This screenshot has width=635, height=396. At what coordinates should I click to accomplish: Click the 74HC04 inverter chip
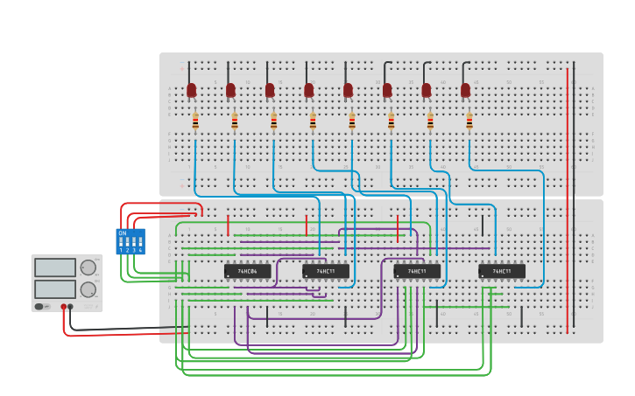[247, 271]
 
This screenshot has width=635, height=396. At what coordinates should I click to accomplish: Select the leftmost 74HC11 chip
[326, 271]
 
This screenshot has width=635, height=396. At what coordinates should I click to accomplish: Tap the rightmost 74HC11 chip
[502, 271]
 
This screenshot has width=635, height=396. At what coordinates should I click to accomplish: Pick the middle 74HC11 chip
[417, 271]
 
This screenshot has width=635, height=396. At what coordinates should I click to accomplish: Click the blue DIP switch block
[131, 241]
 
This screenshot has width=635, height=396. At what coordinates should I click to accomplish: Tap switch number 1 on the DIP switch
[122, 242]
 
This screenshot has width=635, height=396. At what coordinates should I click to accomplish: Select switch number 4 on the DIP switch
[140, 242]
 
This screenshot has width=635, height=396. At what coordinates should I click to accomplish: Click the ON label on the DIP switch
[123, 233]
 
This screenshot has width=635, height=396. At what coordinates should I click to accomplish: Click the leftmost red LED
[192, 90]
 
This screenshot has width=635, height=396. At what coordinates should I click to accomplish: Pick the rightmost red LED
[465, 90]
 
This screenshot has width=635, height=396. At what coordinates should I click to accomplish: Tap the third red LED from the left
[270, 90]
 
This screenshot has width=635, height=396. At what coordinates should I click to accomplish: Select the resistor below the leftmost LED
[195, 122]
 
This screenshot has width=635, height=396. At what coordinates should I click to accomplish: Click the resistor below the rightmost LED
[469, 122]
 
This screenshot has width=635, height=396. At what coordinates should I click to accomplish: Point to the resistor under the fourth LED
[313, 122]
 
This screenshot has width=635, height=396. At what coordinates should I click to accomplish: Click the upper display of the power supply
[54, 267]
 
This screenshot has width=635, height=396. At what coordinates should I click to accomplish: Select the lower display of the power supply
[54, 289]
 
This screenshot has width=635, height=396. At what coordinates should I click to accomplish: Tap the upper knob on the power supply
[88, 267]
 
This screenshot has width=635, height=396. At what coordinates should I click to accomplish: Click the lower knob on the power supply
[88, 289]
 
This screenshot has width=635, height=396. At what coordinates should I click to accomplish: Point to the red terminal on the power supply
[63, 307]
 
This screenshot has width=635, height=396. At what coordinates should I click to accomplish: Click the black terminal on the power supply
[71, 307]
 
